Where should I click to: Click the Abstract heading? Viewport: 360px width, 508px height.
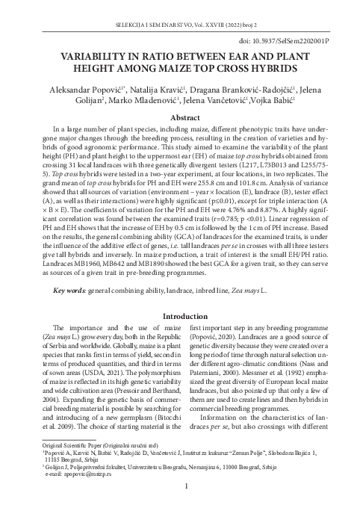pyautogui.click(x=179, y=119)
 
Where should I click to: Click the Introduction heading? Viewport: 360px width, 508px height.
pyautogui.click(x=179, y=336)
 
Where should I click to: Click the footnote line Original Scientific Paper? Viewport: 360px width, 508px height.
pyautogui.click(x=90, y=465)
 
